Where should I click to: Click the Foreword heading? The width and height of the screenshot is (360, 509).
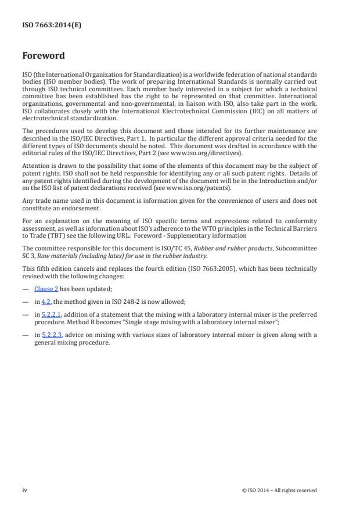point(43,56)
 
